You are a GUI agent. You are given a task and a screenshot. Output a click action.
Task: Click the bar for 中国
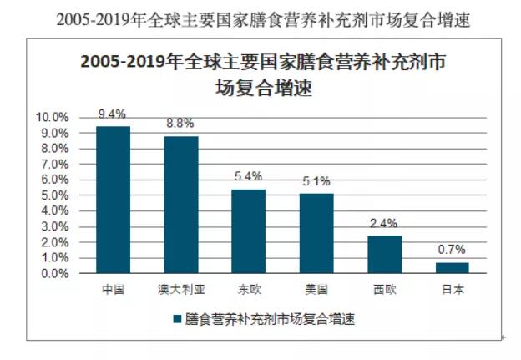pyautogui.click(x=113, y=200)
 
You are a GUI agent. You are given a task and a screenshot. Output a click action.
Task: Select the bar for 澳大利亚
pyautogui.click(x=180, y=205)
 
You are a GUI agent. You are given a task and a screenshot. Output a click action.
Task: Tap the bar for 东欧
pyautogui.click(x=248, y=231)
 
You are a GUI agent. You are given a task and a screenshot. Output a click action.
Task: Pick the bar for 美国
pyautogui.click(x=316, y=233)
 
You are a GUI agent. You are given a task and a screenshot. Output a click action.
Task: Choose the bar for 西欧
pyautogui.click(x=384, y=255)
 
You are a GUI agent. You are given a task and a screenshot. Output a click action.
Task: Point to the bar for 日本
pyautogui.click(x=453, y=268)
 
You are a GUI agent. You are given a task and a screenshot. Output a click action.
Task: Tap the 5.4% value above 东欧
pyautogui.click(x=248, y=177)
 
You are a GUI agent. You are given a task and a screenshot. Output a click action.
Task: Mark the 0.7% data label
pyautogui.click(x=453, y=251)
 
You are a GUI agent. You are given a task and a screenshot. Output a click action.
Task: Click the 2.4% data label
pyautogui.click(x=384, y=224)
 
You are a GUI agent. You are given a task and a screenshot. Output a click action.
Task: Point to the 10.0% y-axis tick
pyautogui.click(x=51, y=117)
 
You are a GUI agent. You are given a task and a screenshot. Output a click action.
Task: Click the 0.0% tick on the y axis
pyautogui.click(x=53, y=274)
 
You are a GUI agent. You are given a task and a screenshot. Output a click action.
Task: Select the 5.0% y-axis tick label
pyautogui.click(x=53, y=195)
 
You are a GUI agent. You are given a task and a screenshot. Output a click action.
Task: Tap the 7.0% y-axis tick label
pyautogui.click(x=53, y=165)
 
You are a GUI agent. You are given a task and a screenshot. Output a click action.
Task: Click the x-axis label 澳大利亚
pyautogui.click(x=180, y=289)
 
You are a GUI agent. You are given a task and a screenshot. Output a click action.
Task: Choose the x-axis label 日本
pyautogui.click(x=453, y=289)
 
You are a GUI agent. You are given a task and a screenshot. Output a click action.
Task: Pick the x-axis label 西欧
pyautogui.click(x=384, y=289)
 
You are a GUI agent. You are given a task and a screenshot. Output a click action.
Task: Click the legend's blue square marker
pyautogui.click(x=176, y=319)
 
